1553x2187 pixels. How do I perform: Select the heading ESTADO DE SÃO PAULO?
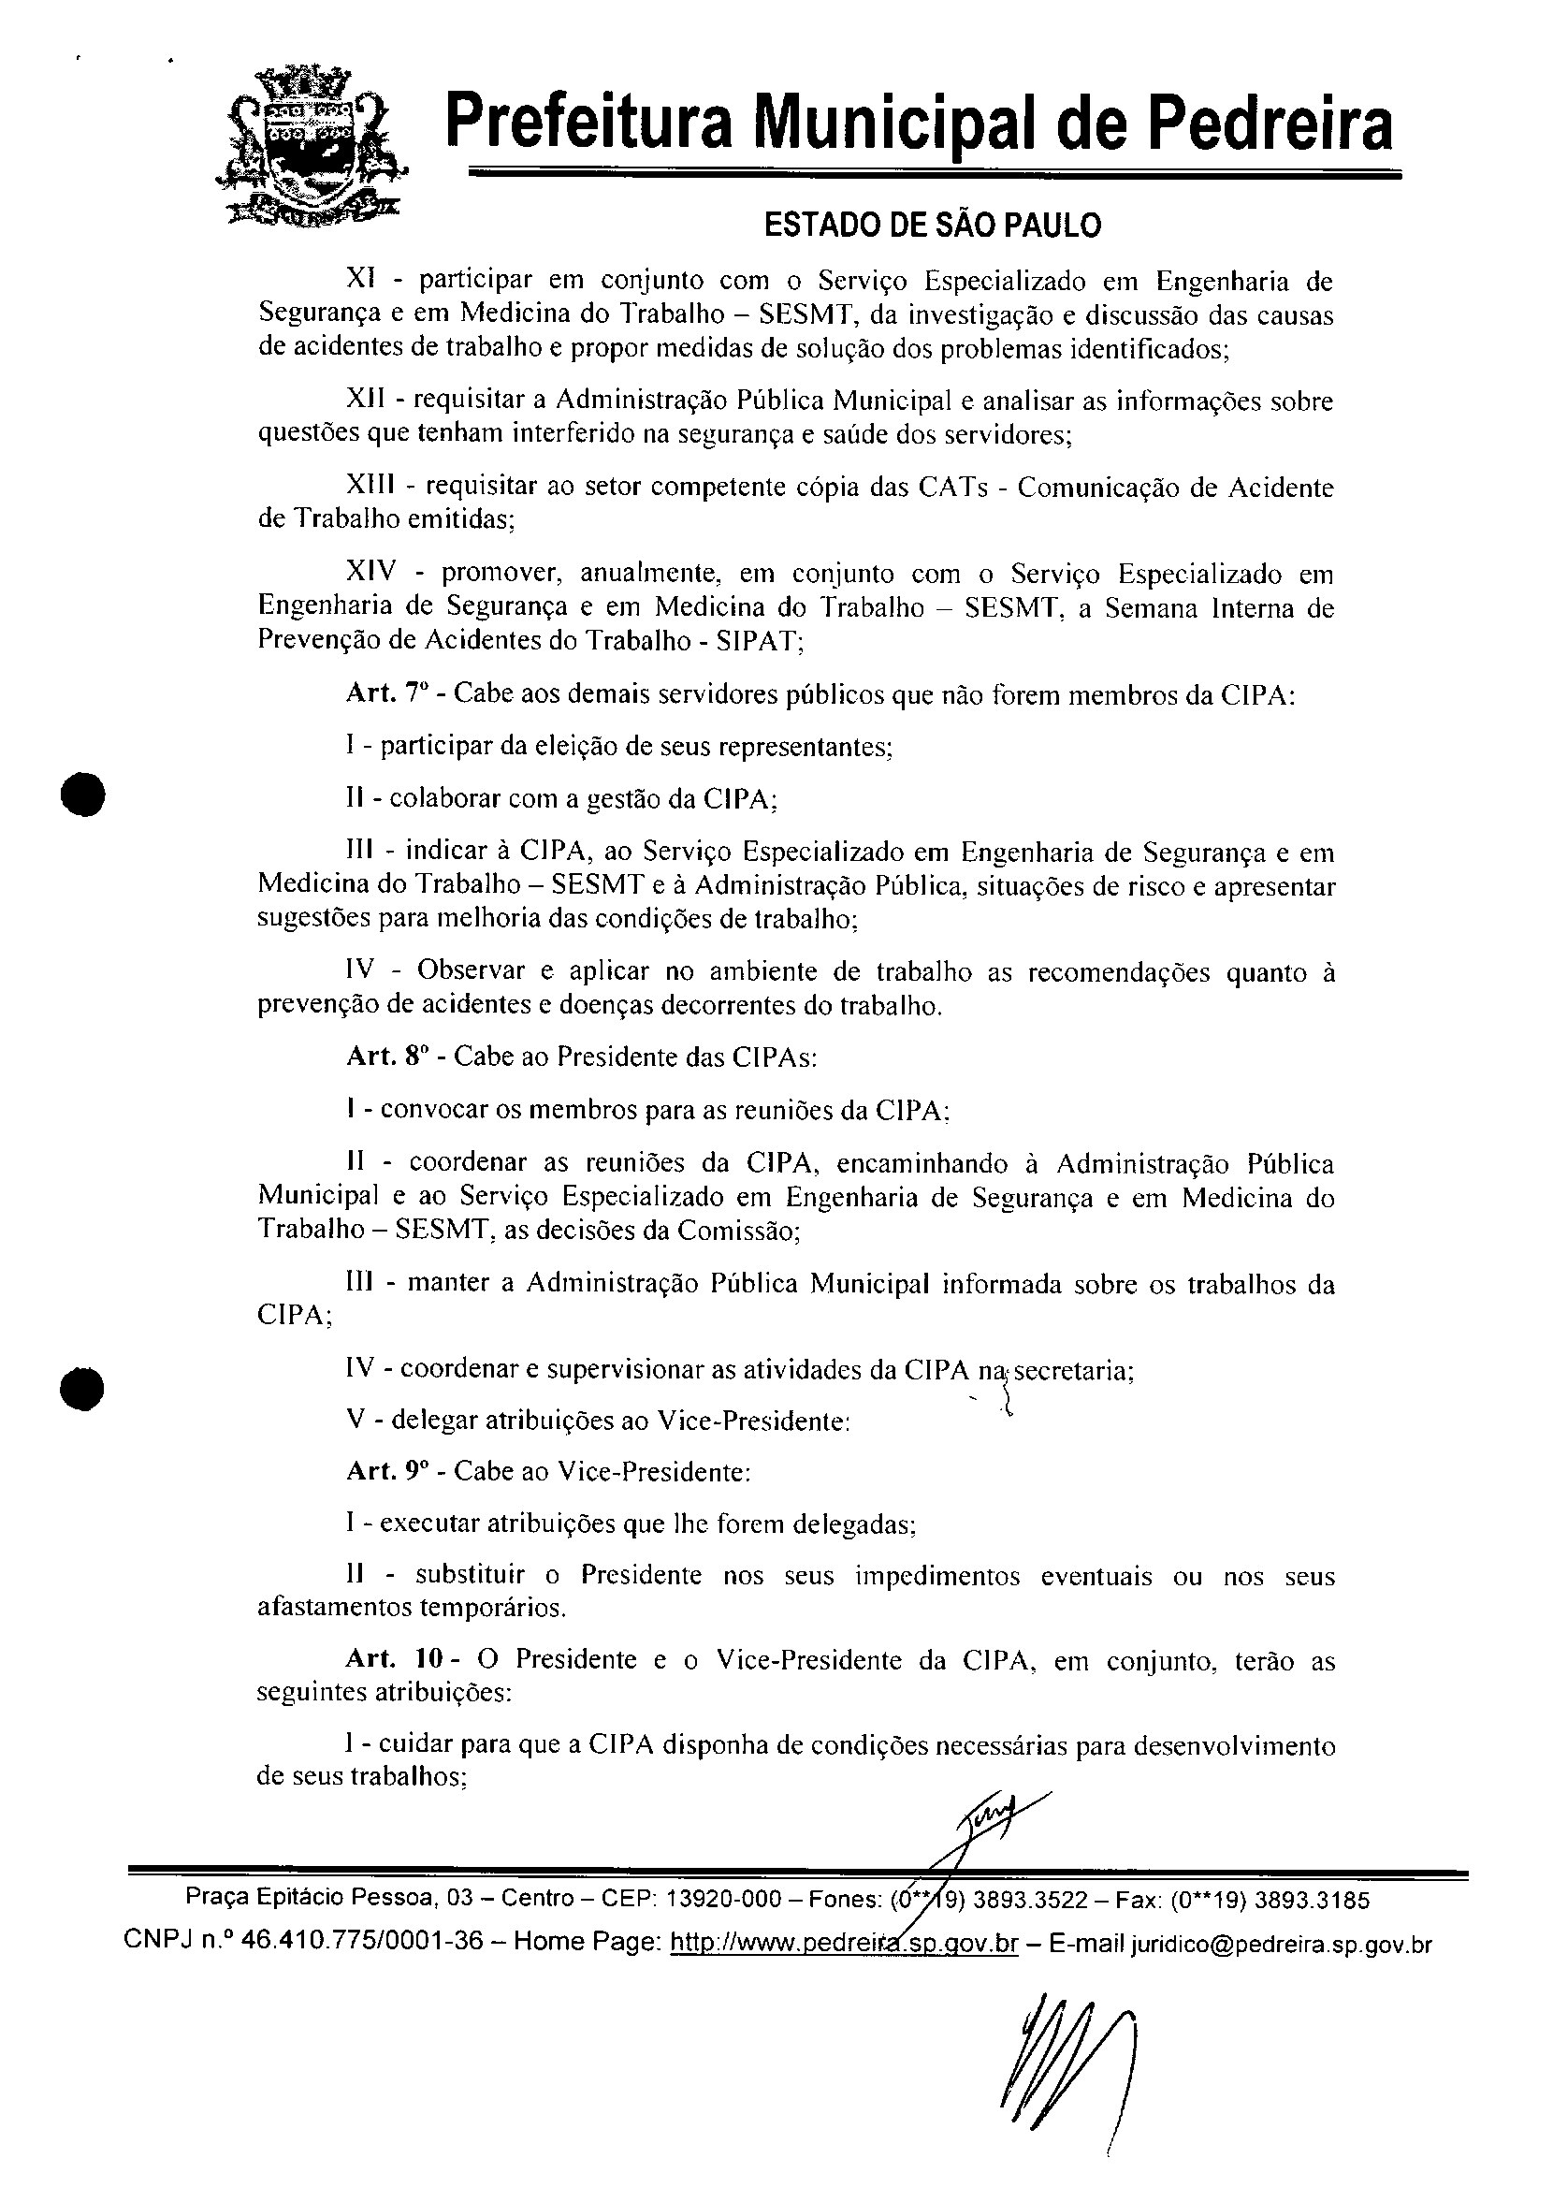pyautogui.click(x=932, y=225)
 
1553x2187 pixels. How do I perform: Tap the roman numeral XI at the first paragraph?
pyautogui.click(x=358, y=280)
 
